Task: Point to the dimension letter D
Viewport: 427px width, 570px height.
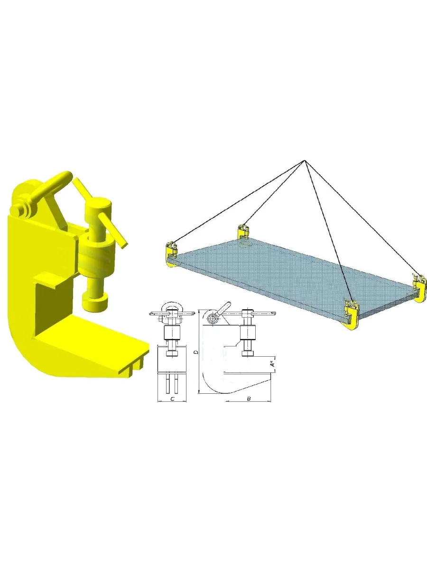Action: [196, 352]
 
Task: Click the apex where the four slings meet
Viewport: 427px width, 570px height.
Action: [305, 161]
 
